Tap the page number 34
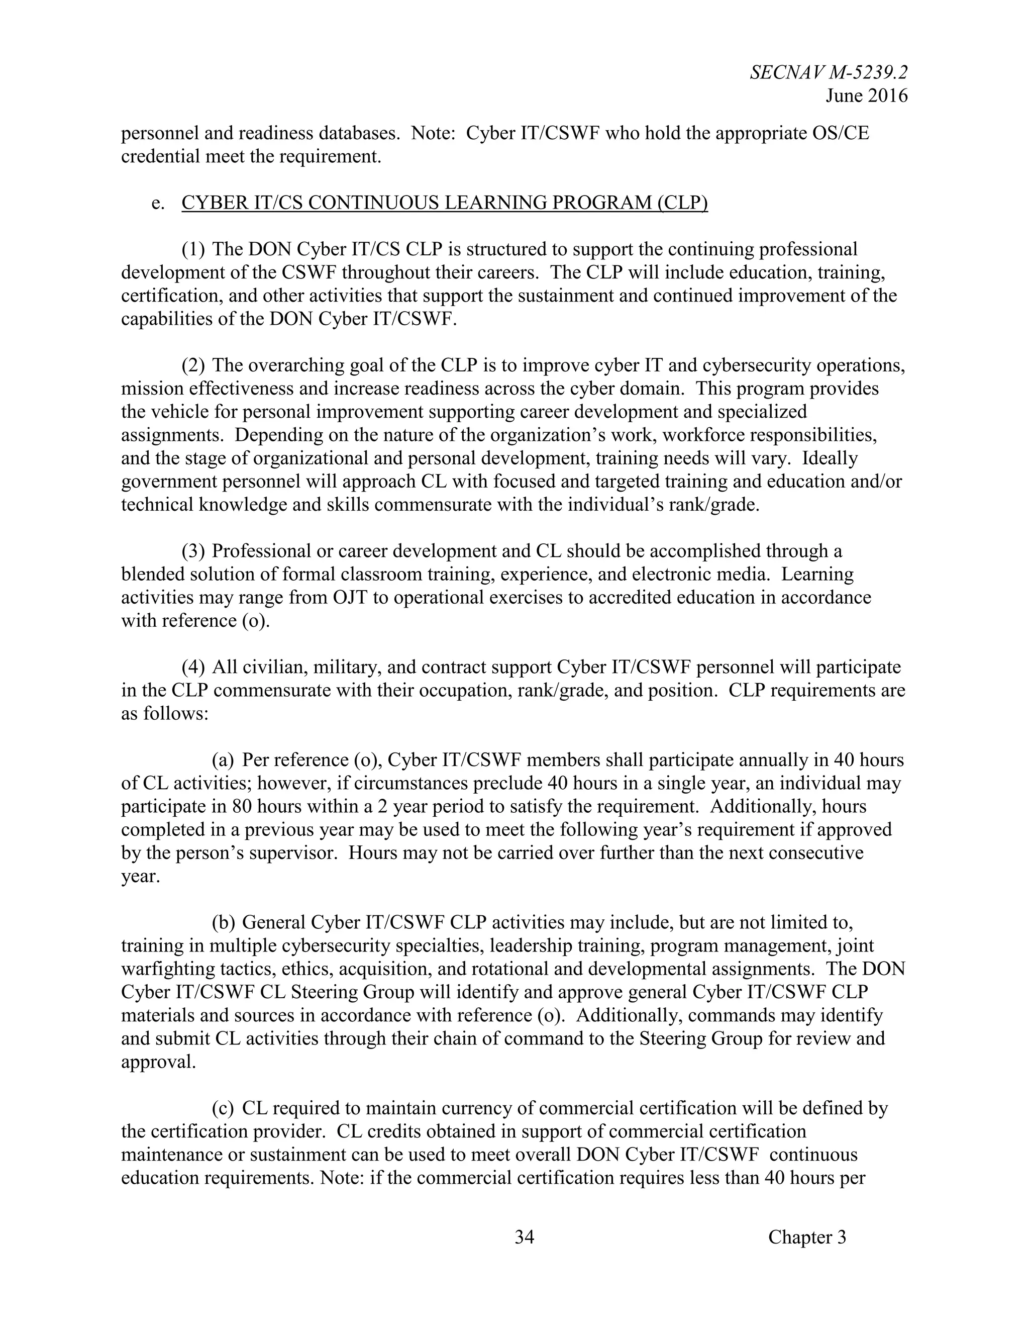tap(524, 1237)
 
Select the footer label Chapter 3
tap(807, 1237)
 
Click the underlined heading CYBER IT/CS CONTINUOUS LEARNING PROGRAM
tap(444, 203)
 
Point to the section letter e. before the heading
tap(158, 203)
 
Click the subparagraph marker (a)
tap(223, 760)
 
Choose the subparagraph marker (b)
tap(223, 923)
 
